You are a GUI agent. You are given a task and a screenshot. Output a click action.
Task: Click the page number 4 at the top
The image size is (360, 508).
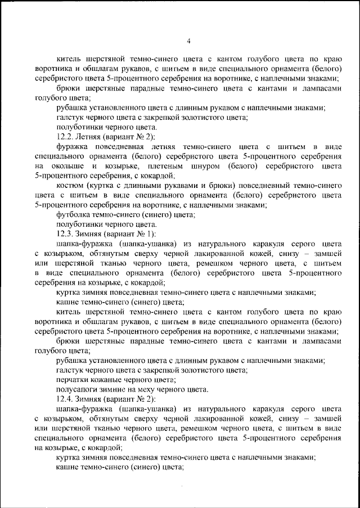click(189, 41)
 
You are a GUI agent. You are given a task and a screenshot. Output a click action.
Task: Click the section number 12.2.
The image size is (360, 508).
click(66, 137)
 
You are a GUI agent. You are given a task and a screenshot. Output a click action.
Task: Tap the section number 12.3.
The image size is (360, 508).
click(66, 233)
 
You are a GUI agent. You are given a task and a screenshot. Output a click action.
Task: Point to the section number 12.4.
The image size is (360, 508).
click(66, 399)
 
